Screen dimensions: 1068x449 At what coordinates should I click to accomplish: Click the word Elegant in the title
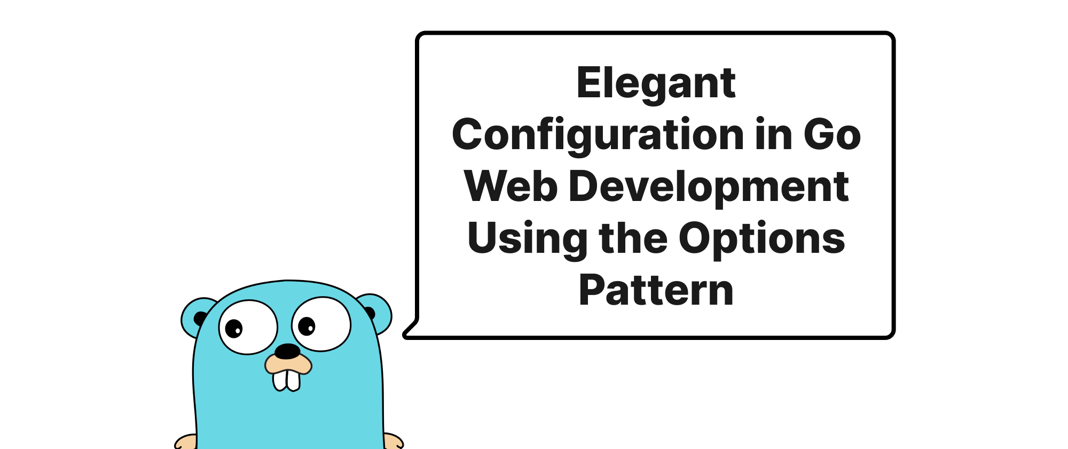click(x=656, y=84)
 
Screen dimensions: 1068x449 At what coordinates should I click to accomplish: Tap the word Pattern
click(x=656, y=290)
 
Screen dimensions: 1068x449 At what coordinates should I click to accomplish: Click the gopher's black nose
click(x=287, y=351)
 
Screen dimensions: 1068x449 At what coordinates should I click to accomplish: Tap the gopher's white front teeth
click(x=287, y=380)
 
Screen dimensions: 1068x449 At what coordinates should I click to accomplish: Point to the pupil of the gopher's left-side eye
click(x=234, y=328)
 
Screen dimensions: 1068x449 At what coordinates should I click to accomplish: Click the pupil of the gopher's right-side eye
click(x=307, y=326)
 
